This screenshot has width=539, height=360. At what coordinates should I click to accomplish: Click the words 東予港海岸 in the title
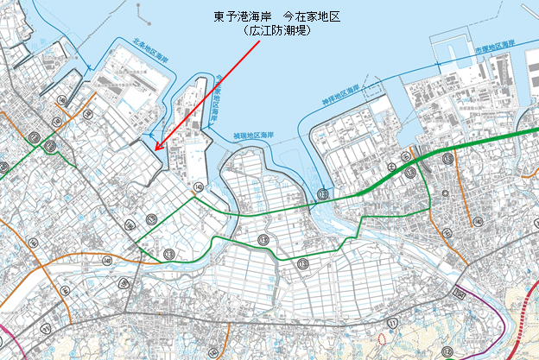click(x=240, y=16)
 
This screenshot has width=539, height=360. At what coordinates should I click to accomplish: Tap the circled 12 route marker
click(x=447, y=351)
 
